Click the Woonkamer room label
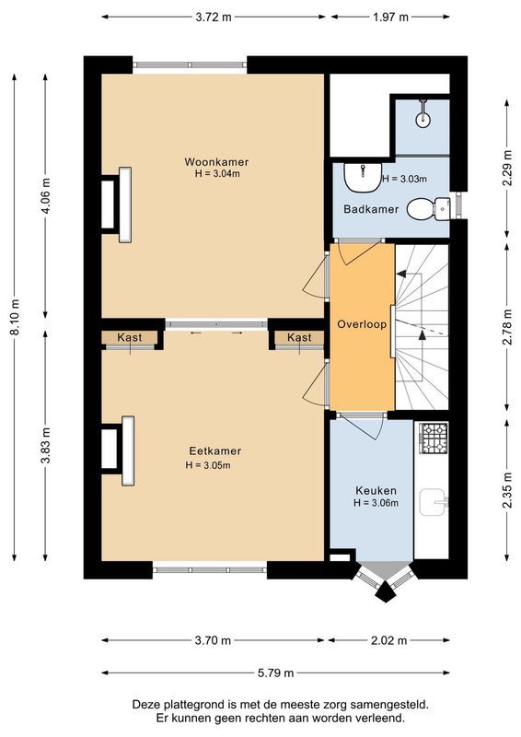(x=215, y=161)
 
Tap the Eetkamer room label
(x=215, y=450)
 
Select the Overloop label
(x=362, y=325)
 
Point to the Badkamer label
(x=371, y=209)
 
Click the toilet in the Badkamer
(x=424, y=209)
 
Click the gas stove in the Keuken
(x=431, y=433)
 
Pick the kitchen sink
(x=433, y=502)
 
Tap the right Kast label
(x=299, y=338)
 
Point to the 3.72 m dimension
(x=213, y=17)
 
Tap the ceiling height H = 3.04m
(x=215, y=173)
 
